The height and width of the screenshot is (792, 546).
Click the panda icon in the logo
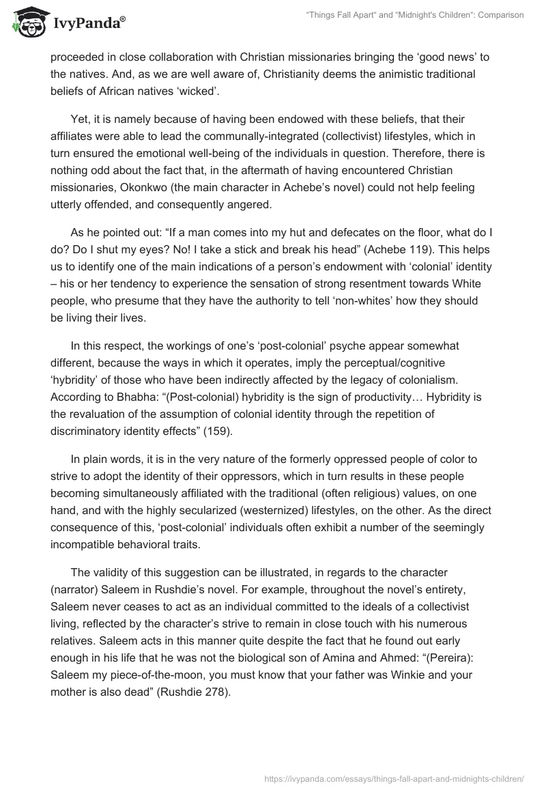click(27, 22)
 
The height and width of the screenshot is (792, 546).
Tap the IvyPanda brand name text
click(87, 23)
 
